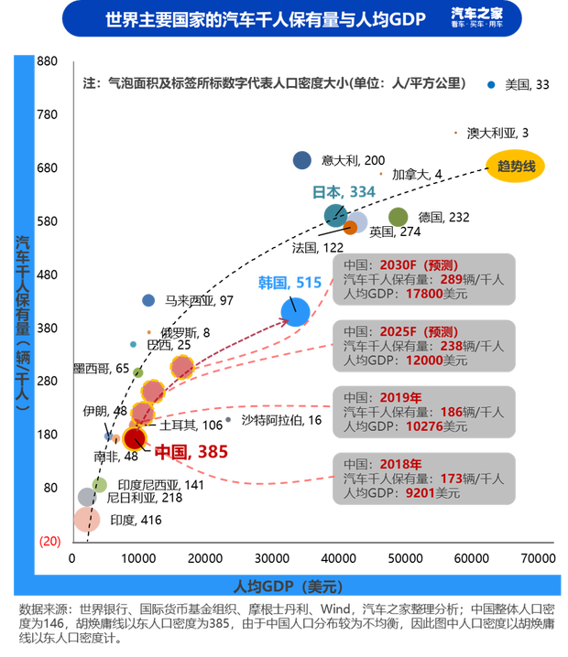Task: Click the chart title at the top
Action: (266, 18)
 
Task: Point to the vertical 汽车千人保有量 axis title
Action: (23, 320)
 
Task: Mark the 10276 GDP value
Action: (423, 426)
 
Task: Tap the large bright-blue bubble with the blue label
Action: (295, 311)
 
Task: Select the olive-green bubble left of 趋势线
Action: (398, 217)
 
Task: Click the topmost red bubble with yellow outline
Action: (182, 367)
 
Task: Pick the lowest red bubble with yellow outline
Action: (135, 438)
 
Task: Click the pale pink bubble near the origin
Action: (88, 520)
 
